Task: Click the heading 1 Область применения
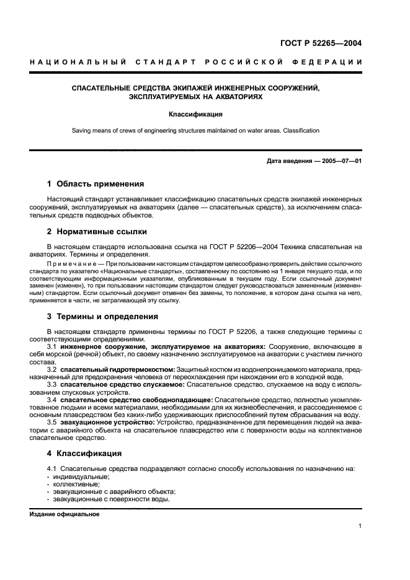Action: tap(96, 184)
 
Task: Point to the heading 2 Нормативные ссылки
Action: tap(97, 232)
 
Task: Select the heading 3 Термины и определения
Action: tap(102, 316)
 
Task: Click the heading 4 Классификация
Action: tap(85, 453)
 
